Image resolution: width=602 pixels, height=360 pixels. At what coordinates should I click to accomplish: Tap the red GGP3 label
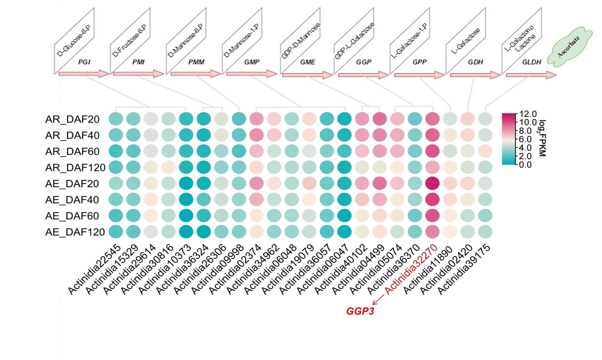click(x=360, y=311)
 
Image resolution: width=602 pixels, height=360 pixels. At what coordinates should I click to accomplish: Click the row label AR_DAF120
click(x=75, y=168)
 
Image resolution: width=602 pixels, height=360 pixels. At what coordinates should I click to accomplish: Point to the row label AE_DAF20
click(x=72, y=184)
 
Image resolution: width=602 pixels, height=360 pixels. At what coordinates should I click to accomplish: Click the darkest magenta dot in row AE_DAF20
click(x=432, y=183)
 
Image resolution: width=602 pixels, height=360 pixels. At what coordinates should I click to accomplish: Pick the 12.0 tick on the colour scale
click(x=528, y=114)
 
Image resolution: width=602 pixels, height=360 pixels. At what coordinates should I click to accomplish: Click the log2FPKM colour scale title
click(x=542, y=138)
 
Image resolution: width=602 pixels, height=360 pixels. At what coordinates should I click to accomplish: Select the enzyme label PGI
click(x=84, y=62)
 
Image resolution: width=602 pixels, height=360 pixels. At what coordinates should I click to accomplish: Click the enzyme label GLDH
click(x=531, y=62)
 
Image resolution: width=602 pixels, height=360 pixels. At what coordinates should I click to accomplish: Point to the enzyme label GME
click(x=308, y=62)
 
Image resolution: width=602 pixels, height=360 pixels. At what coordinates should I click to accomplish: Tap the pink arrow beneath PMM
click(x=195, y=74)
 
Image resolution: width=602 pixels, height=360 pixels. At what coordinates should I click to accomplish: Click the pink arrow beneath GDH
click(x=475, y=75)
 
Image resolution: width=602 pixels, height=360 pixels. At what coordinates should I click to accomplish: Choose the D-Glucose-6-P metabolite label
click(x=74, y=41)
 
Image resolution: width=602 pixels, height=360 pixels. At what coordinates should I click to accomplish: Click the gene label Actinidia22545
click(x=95, y=269)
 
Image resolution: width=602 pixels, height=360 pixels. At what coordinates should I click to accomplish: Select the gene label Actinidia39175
click(x=464, y=269)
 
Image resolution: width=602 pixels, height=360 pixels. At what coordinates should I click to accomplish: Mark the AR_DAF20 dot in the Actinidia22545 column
click(x=116, y=119)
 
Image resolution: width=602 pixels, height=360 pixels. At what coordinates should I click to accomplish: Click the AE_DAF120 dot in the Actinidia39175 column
click(x=485, y=232)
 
